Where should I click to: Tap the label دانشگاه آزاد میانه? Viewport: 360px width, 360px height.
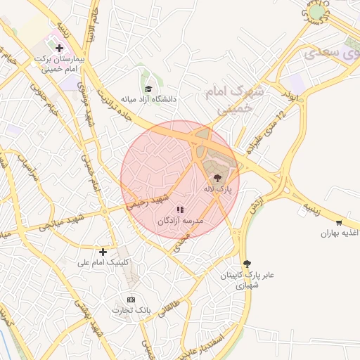pyautogui.click(x=148, y=99)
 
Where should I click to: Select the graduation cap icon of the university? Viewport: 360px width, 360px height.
pyautogui.click(x=148, y=89)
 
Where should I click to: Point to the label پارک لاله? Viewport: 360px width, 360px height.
pyautogui.click(x=218, y=190)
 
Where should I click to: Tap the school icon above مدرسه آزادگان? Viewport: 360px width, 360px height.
pyautogui.click(x=179, y=209)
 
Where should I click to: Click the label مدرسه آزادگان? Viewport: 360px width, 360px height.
pyautogui.click(x=179, y=220)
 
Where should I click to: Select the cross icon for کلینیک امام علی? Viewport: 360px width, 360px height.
pyautogui.click(x=103, y=251)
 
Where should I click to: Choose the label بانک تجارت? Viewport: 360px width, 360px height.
pyautogui.click(x=127, y=310)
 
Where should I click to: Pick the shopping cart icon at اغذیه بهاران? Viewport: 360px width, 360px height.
pyautogui.click(x=339, y=222)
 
